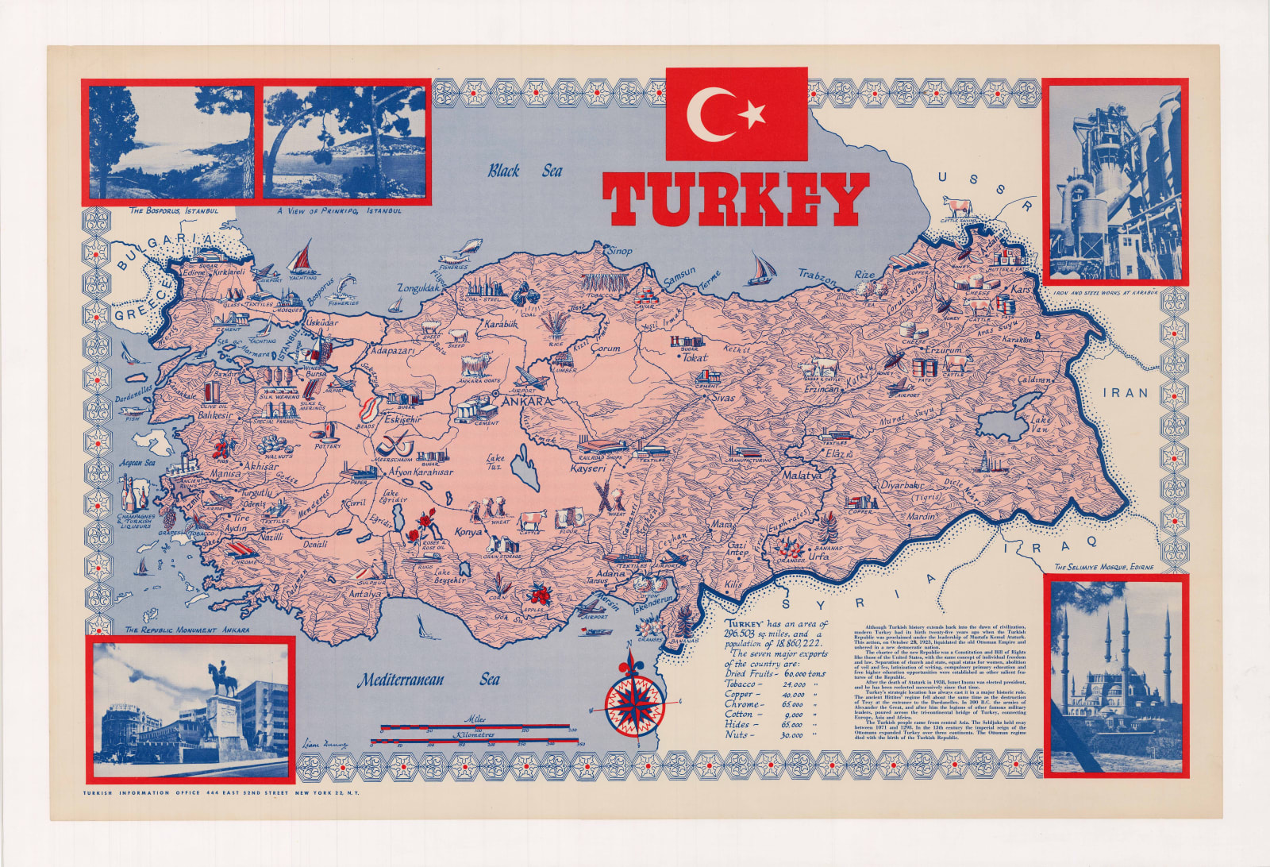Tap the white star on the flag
(751, 115)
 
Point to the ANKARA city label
(525, 402)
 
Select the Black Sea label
(524, 171)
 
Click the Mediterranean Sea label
(428, 680)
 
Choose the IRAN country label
(1125, 392)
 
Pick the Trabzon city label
(817, 277)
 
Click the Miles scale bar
(476, 726)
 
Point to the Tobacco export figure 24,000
(794, 684)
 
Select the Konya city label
(468, 532)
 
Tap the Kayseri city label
(588, 468)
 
